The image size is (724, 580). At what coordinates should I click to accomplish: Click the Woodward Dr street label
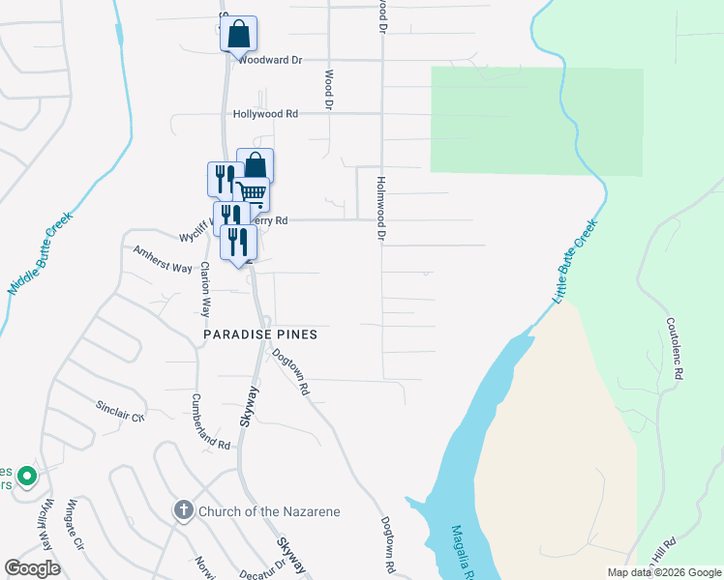[x=270, y=60]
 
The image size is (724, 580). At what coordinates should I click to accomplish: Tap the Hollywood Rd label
[x=265, y=114]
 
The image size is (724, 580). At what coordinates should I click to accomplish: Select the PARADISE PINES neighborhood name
[x=260, y=334]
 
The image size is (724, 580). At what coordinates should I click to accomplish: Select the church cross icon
[x=184, y=510]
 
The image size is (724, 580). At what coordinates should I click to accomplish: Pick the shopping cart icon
[x=252, y=191]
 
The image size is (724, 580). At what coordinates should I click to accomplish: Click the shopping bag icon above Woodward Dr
[x=238, y=35]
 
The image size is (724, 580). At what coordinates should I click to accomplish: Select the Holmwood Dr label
[x=381, y=208]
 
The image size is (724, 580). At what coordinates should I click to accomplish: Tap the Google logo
[x=32, y=568]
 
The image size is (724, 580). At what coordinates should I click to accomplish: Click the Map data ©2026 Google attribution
[x=663, y=572]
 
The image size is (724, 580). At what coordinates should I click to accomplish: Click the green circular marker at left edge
[x=27, y=476]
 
